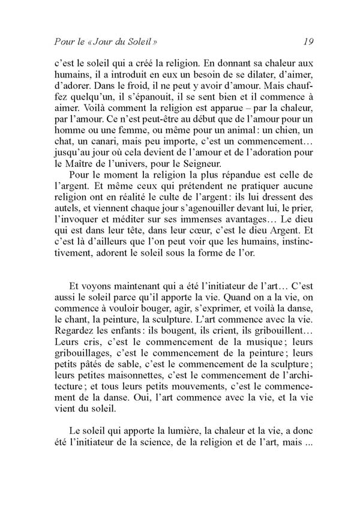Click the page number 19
tap(309, 41)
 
